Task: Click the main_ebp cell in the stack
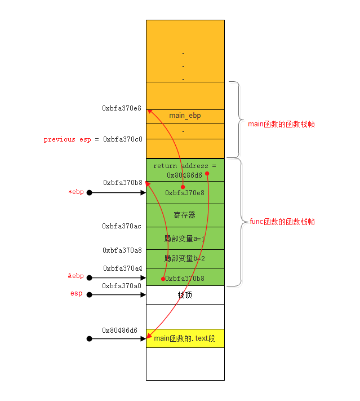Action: point(185,116)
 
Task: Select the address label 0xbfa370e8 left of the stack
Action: point(122,108)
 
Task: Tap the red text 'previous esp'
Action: point(59,139)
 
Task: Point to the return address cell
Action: point(185,170)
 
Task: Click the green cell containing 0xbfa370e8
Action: point(185,193)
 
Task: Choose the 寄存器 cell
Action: point(185,215)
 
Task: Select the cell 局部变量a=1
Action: point(185,238)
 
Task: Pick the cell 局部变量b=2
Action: point(185,258)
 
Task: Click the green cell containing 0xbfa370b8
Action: point(185,278)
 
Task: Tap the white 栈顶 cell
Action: point(185,295)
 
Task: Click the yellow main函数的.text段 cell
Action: point(185,338)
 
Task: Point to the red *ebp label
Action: point(75,192)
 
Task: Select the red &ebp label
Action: point(75,276)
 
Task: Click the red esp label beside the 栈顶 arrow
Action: point(76,293)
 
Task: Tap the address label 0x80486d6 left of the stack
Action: point(119,330)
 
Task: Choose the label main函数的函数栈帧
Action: point(281,124)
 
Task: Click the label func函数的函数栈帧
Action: point(281,222)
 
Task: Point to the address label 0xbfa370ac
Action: point(122,226)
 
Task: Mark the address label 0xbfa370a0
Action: point(122,286)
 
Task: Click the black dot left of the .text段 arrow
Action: point(89,339)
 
